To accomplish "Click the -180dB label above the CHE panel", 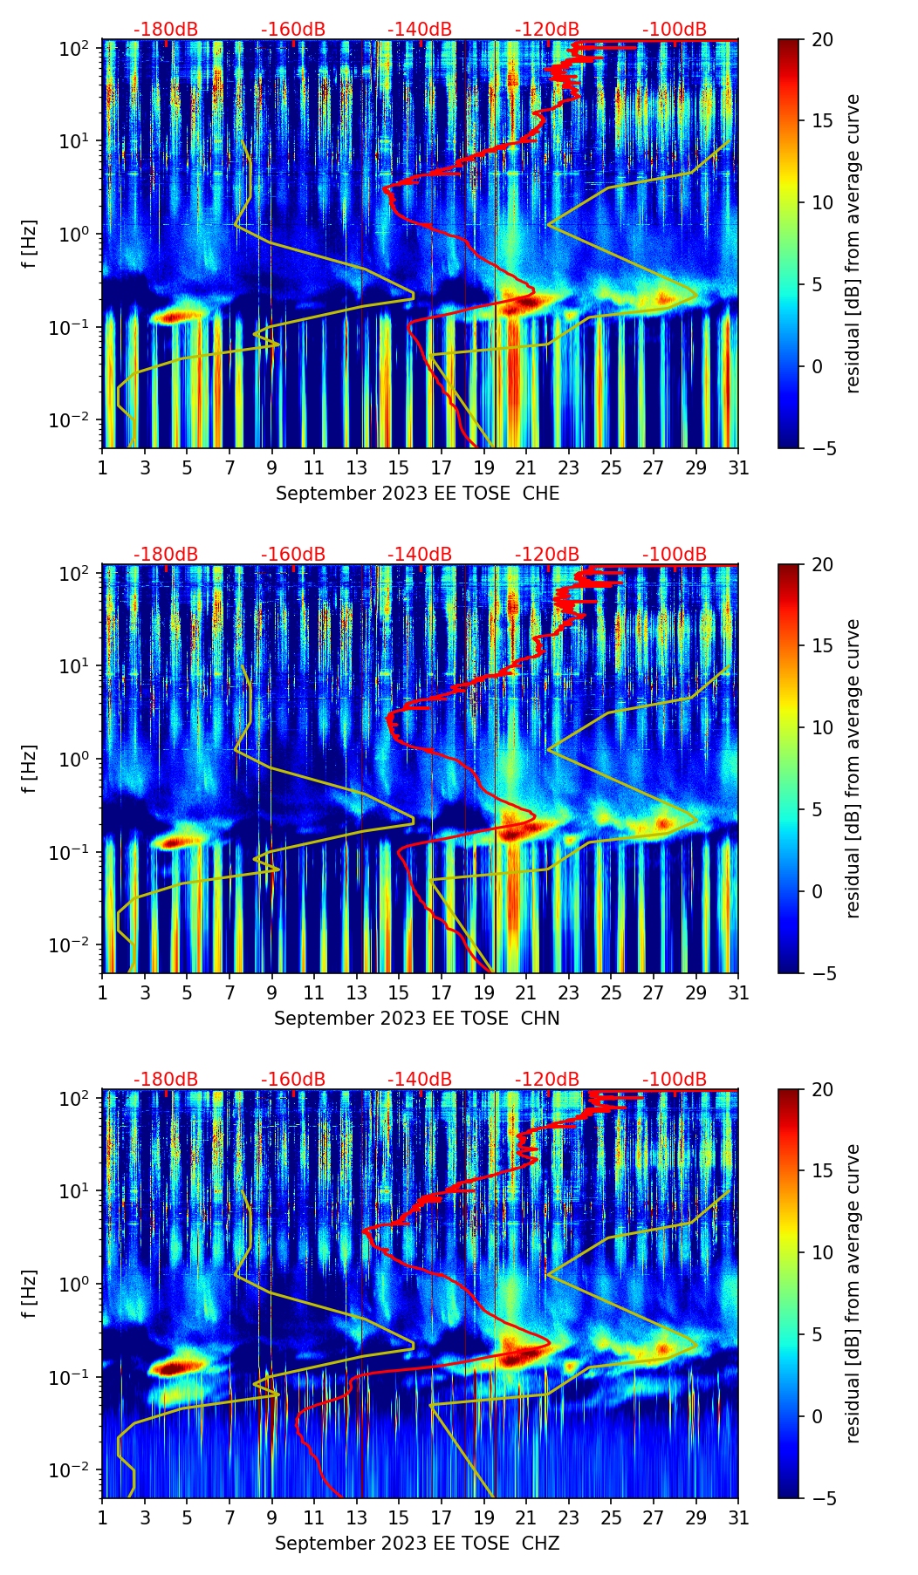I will tap(166, 30).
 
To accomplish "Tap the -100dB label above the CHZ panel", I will tap(675, 1080).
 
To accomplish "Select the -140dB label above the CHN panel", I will tap(420, 555).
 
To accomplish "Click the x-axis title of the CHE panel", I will tap(417, 494).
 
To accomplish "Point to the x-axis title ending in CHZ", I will tap(417, 1544).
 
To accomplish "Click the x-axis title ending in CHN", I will tap(417, 1019).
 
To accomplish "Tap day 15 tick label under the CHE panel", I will tap(399, 467).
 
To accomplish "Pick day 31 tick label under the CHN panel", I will tap(738, 992).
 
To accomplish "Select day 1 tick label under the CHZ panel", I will tap(103, 1517).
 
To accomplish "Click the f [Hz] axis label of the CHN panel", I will tap(30, 768).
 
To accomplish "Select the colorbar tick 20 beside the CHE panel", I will tap(822, 40).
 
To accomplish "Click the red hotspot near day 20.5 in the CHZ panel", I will tap(520, 1356).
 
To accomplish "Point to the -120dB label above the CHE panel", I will tap(547, 30).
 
